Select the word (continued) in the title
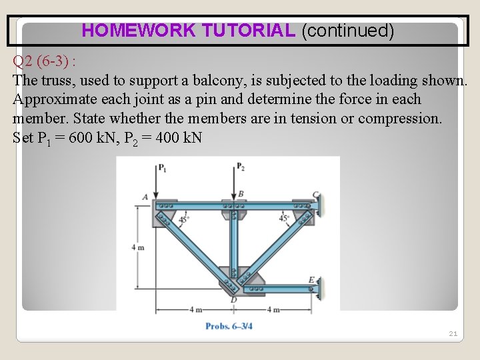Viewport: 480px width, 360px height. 348,31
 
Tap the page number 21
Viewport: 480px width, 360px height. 453,333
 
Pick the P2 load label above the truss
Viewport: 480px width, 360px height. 240,167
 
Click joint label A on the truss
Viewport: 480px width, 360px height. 145,197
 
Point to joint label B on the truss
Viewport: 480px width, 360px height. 241,193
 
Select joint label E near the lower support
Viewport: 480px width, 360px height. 311,279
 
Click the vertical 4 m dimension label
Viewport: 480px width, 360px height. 137,247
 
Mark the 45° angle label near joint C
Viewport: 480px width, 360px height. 283,217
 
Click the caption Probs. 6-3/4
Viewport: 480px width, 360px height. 229,326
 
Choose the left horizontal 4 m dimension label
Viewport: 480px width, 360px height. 196,309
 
